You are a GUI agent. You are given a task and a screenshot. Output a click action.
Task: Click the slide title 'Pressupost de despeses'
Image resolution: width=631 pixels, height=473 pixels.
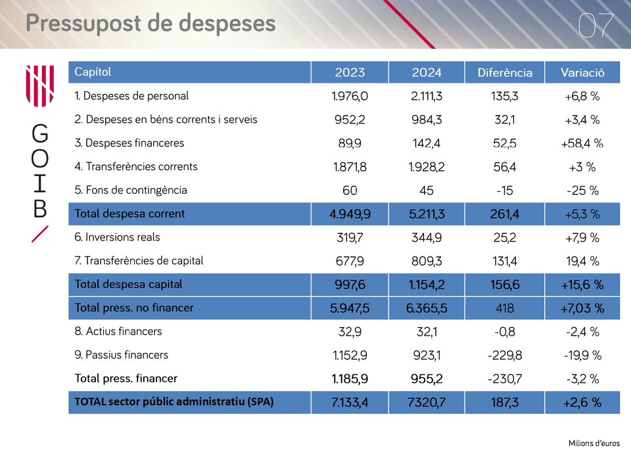pos(151,24)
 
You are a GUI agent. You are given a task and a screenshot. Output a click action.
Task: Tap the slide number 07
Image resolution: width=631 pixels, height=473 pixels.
pos(596,26)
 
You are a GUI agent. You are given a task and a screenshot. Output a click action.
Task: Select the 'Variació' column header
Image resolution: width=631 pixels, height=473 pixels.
pos(582,72)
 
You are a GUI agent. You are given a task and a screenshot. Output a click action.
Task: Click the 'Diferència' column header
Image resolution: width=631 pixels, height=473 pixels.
pos(505,72)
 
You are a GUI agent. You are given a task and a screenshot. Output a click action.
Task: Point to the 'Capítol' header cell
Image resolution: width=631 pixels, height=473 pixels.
pos(93,72)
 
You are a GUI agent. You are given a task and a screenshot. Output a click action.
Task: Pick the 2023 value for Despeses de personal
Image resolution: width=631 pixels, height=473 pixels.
pos(350,96)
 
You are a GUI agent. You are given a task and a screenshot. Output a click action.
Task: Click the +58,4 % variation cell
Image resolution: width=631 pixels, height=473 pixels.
pos(582,143)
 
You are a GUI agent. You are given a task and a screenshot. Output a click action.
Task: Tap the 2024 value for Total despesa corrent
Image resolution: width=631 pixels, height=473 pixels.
pos(427,214)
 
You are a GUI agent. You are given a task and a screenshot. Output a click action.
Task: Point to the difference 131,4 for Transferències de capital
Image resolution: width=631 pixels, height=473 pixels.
pos(505,261)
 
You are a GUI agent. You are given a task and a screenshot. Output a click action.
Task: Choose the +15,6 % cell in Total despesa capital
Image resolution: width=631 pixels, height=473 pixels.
pos(582,284)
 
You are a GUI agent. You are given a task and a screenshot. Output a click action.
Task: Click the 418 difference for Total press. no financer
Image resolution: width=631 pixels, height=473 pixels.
pos(505,308)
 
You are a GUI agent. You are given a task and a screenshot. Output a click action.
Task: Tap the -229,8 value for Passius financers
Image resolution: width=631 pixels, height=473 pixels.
pos(505,355)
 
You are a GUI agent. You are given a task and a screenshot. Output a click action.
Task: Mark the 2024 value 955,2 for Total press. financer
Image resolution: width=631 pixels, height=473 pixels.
pos(427,379)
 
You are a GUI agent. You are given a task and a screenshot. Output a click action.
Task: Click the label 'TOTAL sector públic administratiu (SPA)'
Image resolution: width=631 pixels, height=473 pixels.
pos(174,402)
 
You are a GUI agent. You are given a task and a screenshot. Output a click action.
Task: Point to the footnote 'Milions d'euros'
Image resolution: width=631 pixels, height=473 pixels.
pos(594,443)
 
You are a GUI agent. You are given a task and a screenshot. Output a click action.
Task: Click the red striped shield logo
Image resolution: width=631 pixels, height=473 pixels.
pos(40,86)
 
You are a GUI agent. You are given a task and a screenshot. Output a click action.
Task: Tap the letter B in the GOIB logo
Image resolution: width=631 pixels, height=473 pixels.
pos(40,208)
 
